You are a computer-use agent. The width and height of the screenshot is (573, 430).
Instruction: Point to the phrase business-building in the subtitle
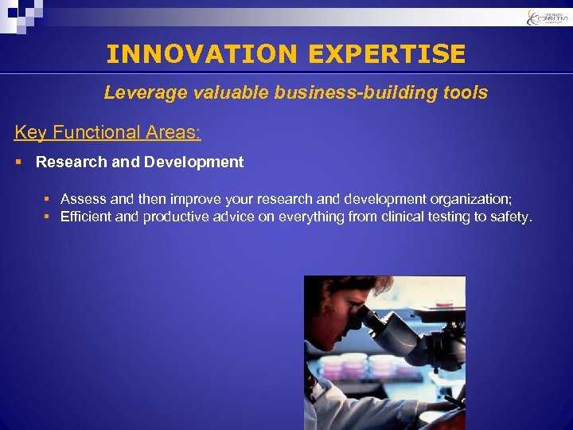point(357,93)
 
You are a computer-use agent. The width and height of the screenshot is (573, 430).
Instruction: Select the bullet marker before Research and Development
point(19,162)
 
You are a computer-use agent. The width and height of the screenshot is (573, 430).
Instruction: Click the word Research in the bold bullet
point(71,162)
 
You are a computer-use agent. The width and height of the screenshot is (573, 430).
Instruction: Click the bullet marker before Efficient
point(47,217)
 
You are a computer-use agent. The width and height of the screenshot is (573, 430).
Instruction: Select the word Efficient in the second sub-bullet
point(86,217)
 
